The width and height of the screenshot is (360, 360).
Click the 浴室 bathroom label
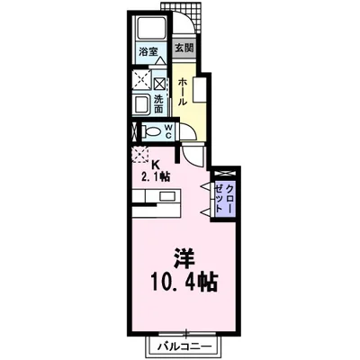(147, 53)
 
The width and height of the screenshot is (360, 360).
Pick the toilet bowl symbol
(151, 130)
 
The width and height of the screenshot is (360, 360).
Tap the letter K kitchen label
(156, 164)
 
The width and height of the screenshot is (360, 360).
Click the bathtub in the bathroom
(147, 28)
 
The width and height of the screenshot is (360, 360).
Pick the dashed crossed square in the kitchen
(140, 154)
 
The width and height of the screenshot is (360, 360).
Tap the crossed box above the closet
(224, 171)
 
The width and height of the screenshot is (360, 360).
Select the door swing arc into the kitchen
(195, 156)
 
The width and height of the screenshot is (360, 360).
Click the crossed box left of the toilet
(135, 131)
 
